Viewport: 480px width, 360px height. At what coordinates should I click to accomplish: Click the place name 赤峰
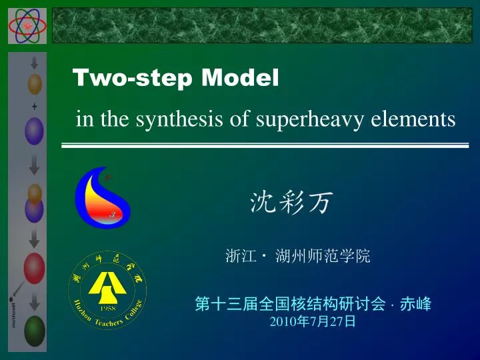click(415, 305)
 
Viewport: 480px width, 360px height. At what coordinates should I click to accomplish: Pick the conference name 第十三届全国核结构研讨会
click(290, 305)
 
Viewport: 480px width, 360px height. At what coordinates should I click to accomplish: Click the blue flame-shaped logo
click(102, 197)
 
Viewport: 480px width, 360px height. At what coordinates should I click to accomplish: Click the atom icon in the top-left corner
click(27, 25)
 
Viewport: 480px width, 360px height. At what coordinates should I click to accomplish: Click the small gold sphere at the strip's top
click(34, 84)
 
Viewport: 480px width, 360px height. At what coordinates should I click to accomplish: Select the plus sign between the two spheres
click(34, 107)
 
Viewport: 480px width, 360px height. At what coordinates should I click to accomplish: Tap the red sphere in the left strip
click(34, 268)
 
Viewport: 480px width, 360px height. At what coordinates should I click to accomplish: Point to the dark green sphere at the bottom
click(34, 329)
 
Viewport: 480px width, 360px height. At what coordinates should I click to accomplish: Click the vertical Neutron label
click(14, 313)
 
